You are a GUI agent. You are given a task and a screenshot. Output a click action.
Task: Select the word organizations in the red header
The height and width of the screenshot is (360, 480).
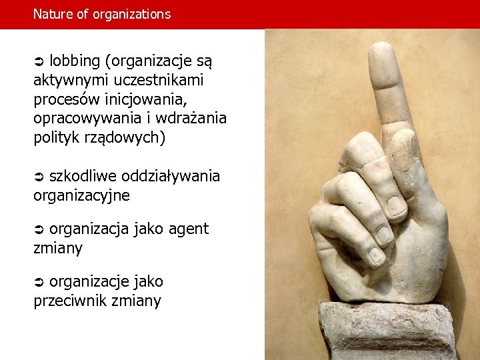(132, 14)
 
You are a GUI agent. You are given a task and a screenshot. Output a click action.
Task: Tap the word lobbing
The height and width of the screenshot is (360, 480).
(75, 61)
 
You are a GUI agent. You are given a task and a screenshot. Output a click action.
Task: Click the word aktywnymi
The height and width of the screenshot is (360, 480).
(71, 81)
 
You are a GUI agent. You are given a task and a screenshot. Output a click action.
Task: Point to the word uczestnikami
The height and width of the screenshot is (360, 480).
(159, 81)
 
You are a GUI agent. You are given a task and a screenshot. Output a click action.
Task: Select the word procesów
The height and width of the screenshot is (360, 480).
(65, 100)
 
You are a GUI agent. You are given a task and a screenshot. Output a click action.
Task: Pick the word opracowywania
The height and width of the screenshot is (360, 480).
(84, 119)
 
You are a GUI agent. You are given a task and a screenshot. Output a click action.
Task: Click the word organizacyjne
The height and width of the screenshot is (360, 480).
(81, 196)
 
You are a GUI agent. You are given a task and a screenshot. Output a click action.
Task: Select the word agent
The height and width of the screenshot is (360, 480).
(188, 229)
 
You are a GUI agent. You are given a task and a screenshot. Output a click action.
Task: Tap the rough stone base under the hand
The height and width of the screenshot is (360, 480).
(387, 330)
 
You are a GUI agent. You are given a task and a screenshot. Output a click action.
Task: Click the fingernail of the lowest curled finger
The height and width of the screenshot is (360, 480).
(375, 255)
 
